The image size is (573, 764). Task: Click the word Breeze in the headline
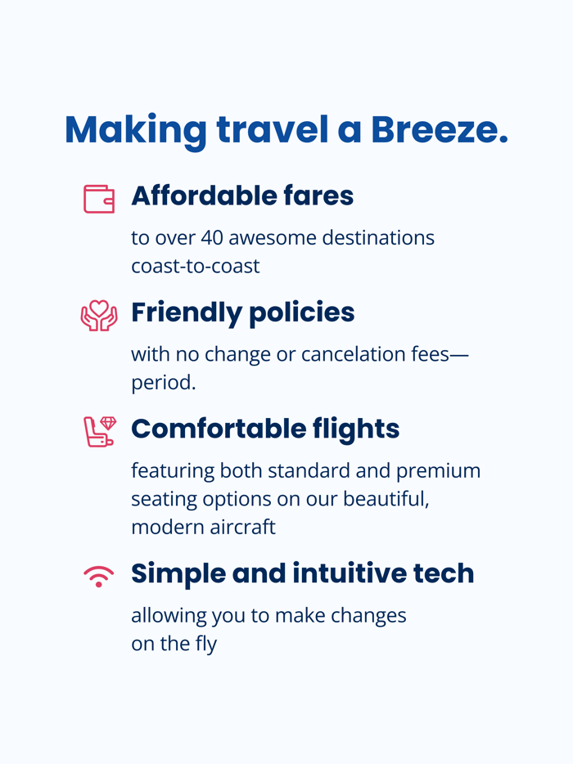(439, 129)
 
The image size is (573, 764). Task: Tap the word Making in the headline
(136, 129)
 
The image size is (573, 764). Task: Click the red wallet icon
(99, 199)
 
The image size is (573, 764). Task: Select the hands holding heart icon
(99, 315)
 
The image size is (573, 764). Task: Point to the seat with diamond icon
(99, 431)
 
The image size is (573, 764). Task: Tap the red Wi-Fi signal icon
(99, 576)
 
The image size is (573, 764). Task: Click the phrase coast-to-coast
(195, 266)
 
